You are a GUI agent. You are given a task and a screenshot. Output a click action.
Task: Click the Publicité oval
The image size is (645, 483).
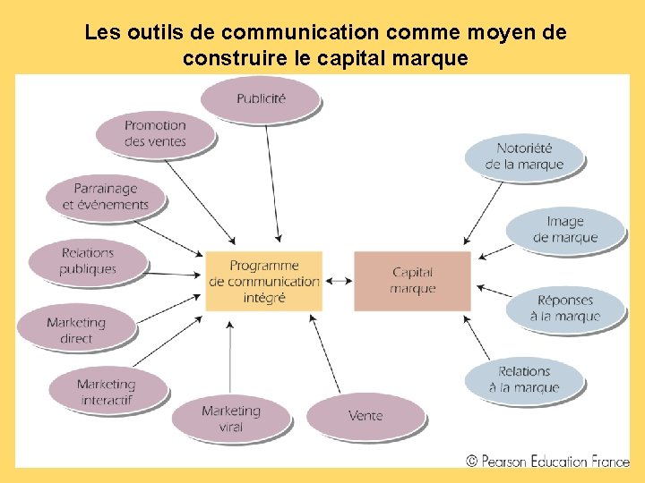click(261, 99)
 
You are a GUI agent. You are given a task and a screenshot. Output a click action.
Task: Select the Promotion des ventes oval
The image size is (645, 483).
click(155, 134)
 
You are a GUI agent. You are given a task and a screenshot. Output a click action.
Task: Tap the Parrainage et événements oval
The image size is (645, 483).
click(106, 197)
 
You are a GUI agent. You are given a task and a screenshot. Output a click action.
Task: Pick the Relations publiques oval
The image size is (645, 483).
click(88, 261)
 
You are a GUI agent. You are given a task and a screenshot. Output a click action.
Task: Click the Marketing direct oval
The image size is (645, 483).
click(76, 329)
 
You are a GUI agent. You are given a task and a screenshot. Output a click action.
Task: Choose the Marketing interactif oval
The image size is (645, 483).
click(107, 391)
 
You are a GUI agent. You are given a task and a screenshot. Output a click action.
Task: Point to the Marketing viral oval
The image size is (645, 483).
click(231, 419)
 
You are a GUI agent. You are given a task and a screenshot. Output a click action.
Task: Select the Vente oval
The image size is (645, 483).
click(365, 416)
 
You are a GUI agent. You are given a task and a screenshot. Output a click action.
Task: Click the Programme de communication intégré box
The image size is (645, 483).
click(263, 281)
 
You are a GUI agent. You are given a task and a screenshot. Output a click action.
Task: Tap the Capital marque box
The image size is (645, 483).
click(412, 281)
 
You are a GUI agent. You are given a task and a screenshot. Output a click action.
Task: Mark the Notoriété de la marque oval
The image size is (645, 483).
click(524, 157)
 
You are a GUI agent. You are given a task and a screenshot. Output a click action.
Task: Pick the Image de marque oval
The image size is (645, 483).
click(564, 229)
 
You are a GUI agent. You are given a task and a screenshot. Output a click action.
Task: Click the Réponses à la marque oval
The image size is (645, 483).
click(564, 309)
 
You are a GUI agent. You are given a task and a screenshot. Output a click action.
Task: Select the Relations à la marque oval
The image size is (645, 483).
click(524, 379)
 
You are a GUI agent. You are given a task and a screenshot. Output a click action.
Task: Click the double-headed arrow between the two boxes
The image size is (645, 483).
click(338, 281)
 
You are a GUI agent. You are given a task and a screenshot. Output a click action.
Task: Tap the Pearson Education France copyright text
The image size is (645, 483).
click(547, 462)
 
